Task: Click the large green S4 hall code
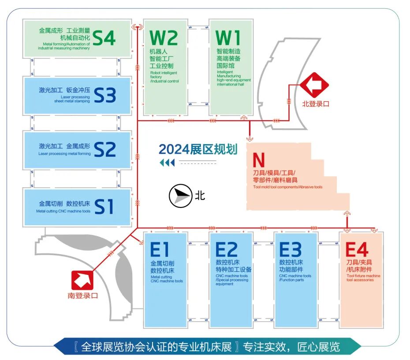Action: point(104,38)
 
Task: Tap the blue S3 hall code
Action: point(104,95)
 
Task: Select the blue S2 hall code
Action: point(104,149)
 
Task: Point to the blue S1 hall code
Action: point(104,206)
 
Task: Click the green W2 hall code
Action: point(164,38)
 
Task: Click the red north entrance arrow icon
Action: point(314,85)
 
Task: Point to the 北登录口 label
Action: point(316,104)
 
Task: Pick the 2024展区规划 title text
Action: point(198,149)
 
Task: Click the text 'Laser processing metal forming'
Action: point(64,154)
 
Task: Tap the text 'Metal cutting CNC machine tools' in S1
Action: point(63,211)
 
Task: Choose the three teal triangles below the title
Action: point(167,163)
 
